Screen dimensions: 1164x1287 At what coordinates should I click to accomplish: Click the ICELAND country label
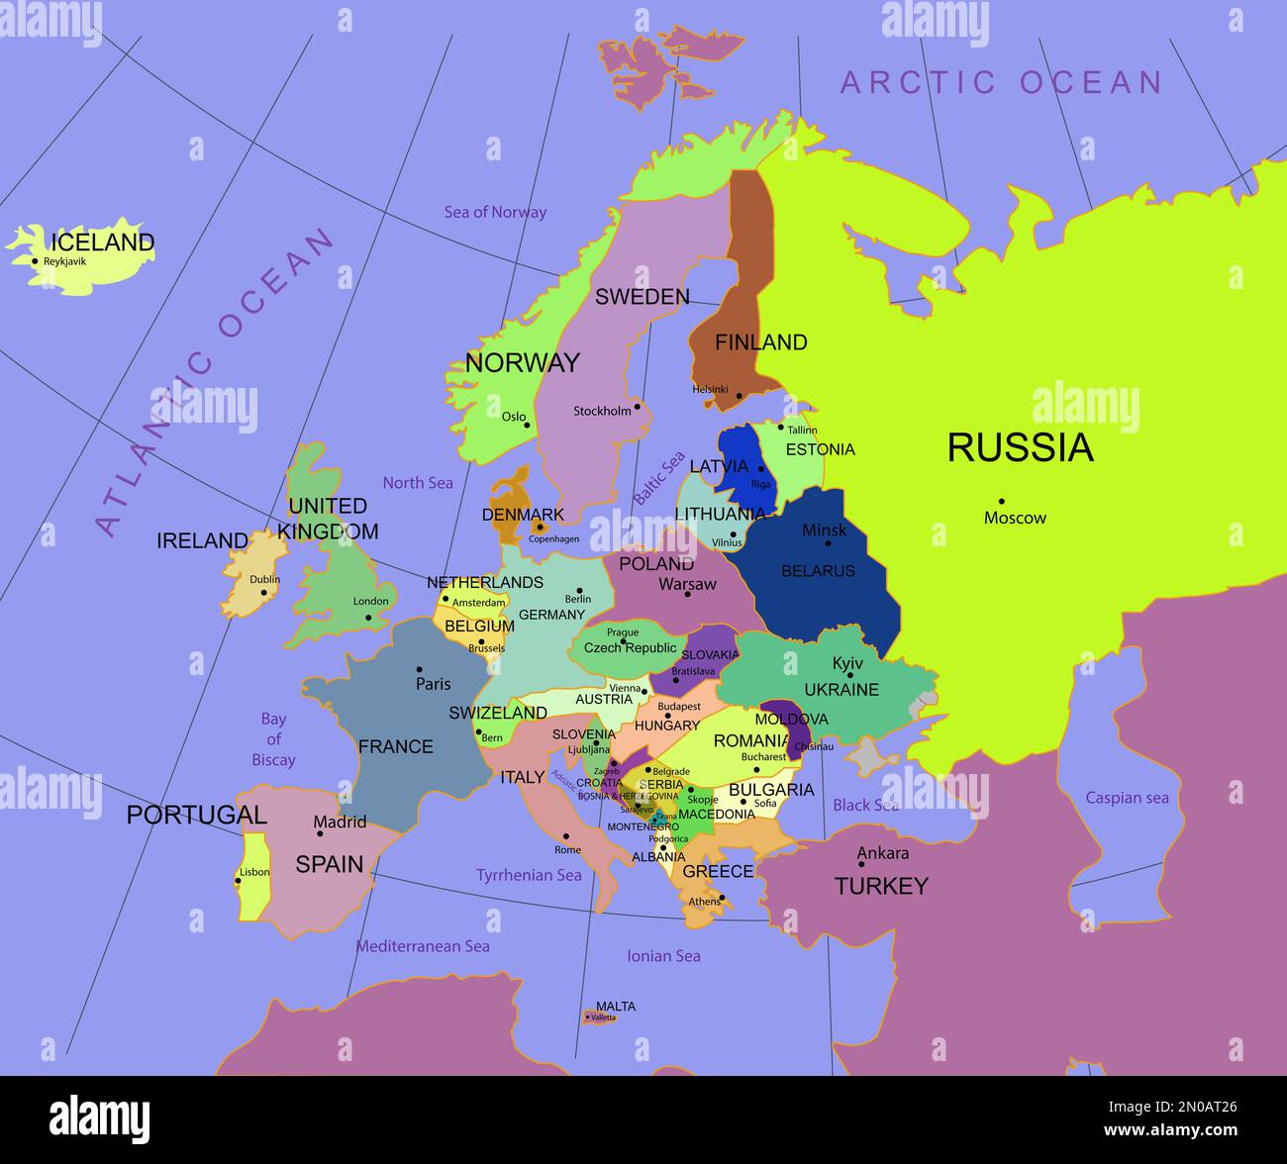103,242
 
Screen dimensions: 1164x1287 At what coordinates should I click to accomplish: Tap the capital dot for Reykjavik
35,261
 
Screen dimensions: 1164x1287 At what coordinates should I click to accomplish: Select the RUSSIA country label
1020,447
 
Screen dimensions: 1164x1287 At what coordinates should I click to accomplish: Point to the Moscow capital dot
1001,501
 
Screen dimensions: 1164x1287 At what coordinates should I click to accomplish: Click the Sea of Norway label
495,212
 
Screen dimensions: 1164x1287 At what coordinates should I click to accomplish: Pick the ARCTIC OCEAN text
1000,82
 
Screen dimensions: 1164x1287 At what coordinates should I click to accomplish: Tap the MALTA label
616,1007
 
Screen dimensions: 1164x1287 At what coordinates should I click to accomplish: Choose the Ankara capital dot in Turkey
861,863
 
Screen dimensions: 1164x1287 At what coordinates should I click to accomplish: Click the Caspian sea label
1127,798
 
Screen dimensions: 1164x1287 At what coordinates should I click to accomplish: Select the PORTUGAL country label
196,815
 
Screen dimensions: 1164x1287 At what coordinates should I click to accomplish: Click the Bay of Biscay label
273,739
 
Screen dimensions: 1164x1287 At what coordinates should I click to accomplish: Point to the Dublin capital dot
263,593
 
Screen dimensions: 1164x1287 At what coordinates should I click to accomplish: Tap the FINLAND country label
760,342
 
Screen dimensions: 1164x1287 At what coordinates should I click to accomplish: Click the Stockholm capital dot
638,406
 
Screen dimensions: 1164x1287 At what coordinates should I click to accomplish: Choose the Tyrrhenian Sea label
529,875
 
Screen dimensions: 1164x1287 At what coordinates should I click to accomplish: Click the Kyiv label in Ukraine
847,663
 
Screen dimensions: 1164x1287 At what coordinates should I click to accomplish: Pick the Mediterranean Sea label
423,946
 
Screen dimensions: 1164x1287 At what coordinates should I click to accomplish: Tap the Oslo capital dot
527,426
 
